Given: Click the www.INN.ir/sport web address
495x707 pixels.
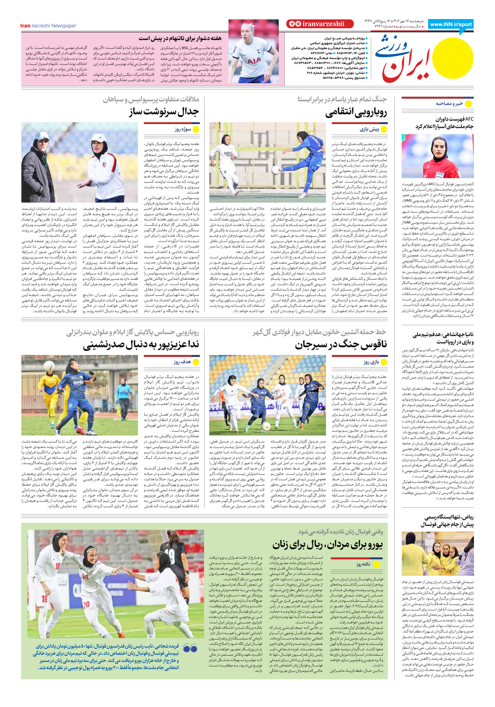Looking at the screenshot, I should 451,24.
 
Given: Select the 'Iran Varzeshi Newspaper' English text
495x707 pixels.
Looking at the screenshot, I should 48,26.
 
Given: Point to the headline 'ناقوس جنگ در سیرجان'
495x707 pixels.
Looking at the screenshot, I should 341,345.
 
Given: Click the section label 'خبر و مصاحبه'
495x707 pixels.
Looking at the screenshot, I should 449,104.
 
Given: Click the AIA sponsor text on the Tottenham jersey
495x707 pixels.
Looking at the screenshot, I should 254,61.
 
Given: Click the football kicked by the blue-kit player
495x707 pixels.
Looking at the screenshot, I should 276,170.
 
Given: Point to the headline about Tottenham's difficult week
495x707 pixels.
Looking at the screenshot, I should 180,38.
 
